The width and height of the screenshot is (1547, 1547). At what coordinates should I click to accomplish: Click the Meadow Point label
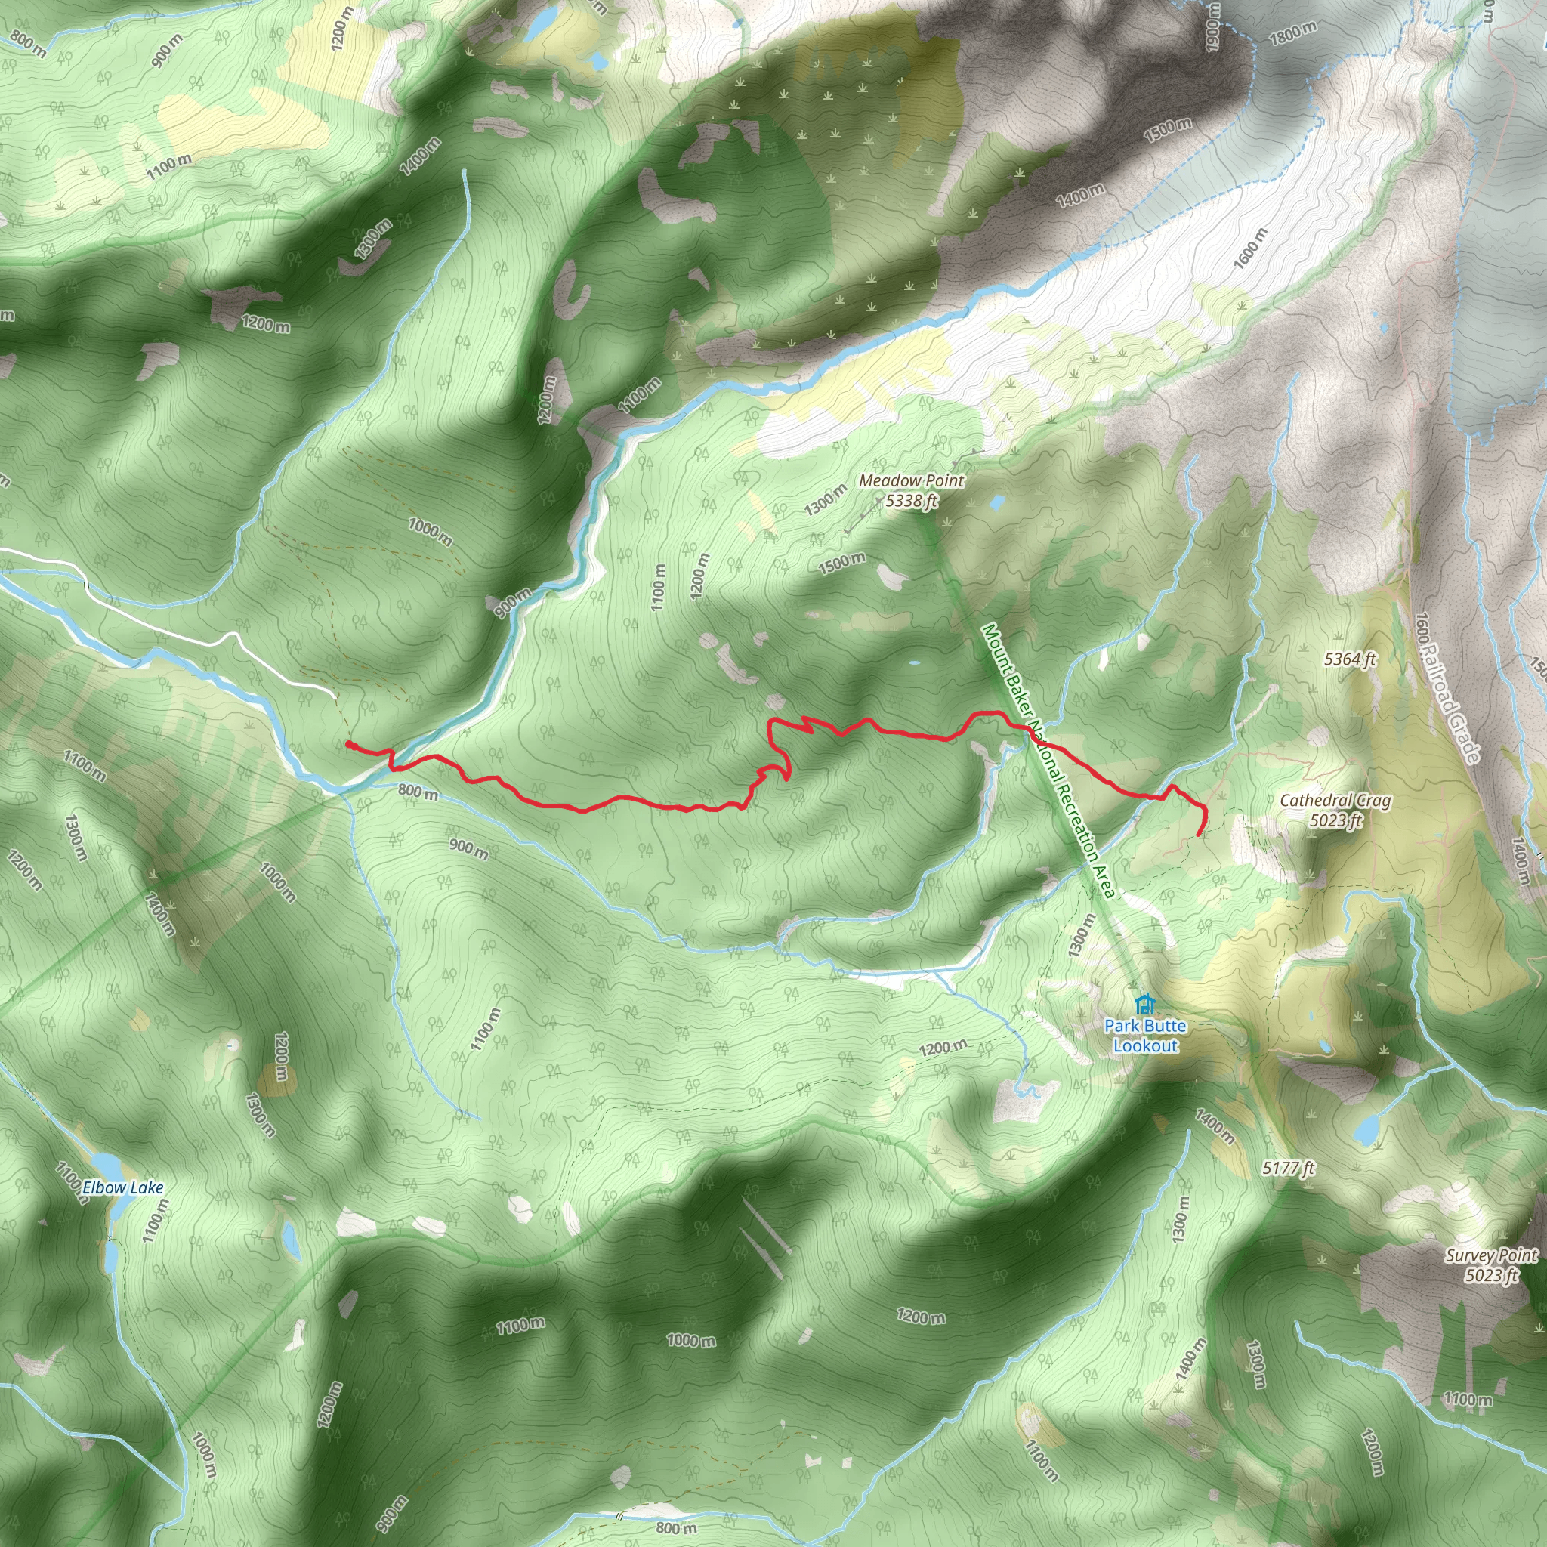[x=911, y=481]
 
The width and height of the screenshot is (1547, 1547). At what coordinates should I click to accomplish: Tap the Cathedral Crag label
[x=1335, y=800]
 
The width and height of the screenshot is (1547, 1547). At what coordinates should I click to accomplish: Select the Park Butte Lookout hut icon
[x=1145, y=1003]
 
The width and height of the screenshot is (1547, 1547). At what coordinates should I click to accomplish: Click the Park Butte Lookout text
[x=1145, y=1036]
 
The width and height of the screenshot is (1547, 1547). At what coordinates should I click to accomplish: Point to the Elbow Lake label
[x=122, y=1187]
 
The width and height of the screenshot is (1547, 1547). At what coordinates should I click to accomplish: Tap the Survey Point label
[x=1491, y=1255]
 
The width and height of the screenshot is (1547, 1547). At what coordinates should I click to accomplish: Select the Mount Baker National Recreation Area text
[x=1048, y=761]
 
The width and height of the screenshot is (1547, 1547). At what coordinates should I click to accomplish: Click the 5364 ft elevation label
[x=1349, y=659]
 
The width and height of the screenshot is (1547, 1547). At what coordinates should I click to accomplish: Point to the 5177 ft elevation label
[x=1289, y=1169]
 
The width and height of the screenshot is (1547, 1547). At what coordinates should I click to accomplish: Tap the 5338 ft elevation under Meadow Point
[x=911, y=502]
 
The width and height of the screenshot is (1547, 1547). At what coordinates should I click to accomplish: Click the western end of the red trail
[x=348, y=744]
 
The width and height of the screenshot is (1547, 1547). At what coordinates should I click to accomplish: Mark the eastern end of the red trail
[x=1198, y=835]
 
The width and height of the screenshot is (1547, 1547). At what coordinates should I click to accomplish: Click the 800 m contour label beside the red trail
[x=418, y=792]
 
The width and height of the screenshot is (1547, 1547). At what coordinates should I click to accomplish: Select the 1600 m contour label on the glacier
[x=1250, y=249]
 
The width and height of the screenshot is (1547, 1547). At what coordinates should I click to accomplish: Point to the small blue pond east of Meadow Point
[x=997, y=503]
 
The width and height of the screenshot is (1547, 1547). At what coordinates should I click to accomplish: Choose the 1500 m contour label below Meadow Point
[x=841, y=563]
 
